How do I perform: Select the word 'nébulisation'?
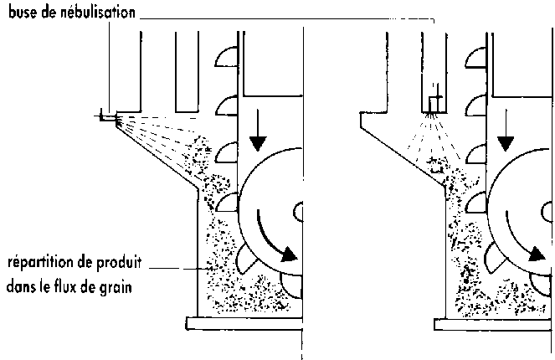click(x=95, y=14)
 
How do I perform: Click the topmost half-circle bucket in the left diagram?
click(x=228, y=58)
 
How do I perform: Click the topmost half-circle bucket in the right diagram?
click(x=475, y=58)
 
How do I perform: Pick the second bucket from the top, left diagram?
click(x=228, y=106)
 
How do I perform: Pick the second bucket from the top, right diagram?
click(x=475, y=106)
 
